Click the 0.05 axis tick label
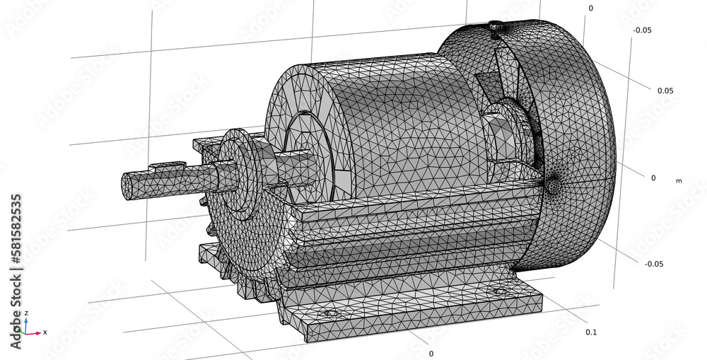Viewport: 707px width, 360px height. point(665,91)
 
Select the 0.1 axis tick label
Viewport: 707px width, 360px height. point(592,332)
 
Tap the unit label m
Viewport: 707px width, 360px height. point(679,181)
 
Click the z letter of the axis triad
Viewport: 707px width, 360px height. point(26,313)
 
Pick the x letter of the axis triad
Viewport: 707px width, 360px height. point(45,332)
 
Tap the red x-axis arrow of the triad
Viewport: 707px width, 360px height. point(35,332)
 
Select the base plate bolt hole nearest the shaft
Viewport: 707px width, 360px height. point(329,313)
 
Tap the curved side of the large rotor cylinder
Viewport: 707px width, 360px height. point(396,127)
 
